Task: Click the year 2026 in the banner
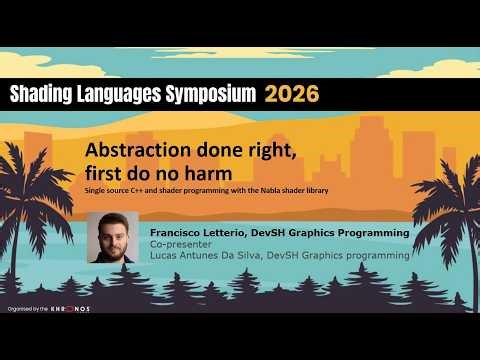pos(292,94)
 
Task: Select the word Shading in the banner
pos(40,94)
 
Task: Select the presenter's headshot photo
pos(112,237)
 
